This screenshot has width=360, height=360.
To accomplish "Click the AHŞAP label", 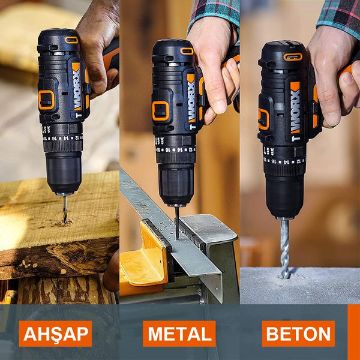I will pos(55,334).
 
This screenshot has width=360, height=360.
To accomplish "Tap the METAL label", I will pos(179,334).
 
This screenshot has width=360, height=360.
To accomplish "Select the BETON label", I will pos(298,334).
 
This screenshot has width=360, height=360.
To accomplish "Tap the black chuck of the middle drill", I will pos(176,182).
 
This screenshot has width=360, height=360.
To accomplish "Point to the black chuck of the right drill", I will pos(284,194).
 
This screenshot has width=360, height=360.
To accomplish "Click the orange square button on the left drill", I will pos(46,100).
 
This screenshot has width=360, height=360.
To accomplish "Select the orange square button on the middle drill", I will pos(160,110).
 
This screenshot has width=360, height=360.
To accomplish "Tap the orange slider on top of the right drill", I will pos(293,57).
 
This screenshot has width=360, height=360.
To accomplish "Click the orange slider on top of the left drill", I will pos(71,40).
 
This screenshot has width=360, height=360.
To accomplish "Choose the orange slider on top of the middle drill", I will pos(187,51).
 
